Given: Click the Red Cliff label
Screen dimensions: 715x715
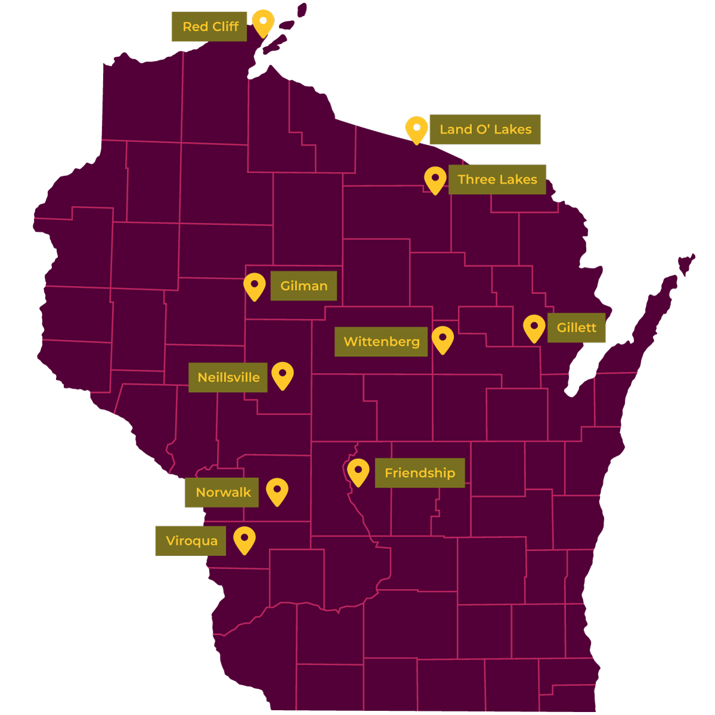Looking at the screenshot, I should coord(209,27).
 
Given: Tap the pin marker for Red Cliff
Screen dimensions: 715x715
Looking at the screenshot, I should coord(263,22).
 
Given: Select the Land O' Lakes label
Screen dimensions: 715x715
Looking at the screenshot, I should coord(485,129).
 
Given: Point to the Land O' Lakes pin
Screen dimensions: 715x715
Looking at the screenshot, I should coord(416,129).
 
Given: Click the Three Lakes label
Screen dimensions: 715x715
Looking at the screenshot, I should coord(497,179).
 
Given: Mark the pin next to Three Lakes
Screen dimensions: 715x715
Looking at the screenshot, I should coord(435,179).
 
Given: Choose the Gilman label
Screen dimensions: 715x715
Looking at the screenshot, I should coord(303,286).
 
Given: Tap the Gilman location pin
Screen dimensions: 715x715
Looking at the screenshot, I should coord(254,285).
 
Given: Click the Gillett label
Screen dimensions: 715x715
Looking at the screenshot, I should coord(576,328).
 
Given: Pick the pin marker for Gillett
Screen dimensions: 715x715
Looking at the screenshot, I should coord(534,327).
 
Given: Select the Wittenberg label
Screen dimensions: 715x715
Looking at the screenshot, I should coord(381,342).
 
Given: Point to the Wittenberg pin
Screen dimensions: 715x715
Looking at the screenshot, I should coord(443,338).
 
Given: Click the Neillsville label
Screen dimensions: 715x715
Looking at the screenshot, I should coord(228,378).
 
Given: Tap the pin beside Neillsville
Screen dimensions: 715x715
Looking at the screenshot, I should coord(282,375).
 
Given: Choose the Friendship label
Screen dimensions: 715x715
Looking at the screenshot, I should coord(419,473).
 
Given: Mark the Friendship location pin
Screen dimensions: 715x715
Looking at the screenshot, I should coord(358,471).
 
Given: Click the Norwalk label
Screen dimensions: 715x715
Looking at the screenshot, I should coord(222,493).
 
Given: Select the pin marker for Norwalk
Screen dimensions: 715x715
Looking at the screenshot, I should coord(277,490).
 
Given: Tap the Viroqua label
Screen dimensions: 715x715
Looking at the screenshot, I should coord(191,541).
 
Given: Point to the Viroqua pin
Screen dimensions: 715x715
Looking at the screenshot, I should coord(244,539).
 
